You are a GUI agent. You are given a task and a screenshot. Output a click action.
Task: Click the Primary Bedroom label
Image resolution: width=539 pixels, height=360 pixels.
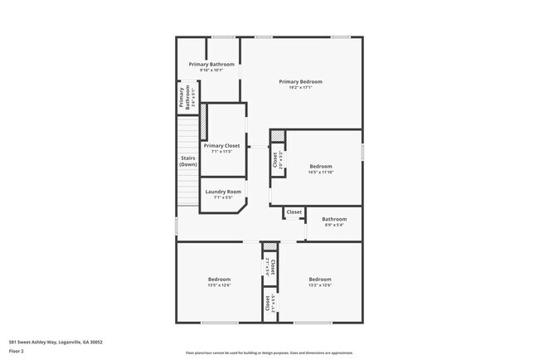tap(300, 81)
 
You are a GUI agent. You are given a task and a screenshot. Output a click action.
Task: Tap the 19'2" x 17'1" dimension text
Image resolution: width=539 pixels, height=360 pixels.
tap(300, 89)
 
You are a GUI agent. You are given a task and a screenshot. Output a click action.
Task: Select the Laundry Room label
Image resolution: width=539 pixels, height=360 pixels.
tap(222, 192)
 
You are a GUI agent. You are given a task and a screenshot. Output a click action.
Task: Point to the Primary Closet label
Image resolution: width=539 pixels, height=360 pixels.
tap(221, 145)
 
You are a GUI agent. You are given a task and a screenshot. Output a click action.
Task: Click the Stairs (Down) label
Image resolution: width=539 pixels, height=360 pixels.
tap(188, 161)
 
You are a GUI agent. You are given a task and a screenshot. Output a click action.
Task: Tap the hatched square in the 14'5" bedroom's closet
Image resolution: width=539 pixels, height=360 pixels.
tap(278, 136)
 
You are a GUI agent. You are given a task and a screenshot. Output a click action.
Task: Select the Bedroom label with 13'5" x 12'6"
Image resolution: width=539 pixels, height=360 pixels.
tap(219, 280)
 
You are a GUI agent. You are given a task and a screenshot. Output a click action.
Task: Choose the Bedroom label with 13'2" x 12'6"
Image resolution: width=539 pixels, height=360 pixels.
tap(320, 280)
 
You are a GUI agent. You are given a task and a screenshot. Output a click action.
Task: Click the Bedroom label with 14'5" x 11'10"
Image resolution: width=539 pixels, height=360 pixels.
tap(320, 166)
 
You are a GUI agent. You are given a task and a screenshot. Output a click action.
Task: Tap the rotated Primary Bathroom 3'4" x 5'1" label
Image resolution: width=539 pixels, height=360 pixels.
tap(184, 99)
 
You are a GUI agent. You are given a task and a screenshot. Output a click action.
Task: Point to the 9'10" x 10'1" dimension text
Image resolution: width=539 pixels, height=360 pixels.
tap(211, 71)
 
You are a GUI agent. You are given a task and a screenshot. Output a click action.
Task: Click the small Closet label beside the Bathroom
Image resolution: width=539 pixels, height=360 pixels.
tap(294, 212)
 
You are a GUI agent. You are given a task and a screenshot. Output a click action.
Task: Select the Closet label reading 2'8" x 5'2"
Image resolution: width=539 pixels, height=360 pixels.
tap(276, 159)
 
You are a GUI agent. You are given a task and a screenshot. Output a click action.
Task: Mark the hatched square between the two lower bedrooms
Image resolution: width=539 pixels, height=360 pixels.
tap(269, 247)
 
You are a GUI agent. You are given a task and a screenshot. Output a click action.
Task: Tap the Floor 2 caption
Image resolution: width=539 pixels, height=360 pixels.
tap(17, 351)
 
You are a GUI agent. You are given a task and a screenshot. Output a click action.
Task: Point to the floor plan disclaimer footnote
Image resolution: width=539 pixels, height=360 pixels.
tap(269, 353)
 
